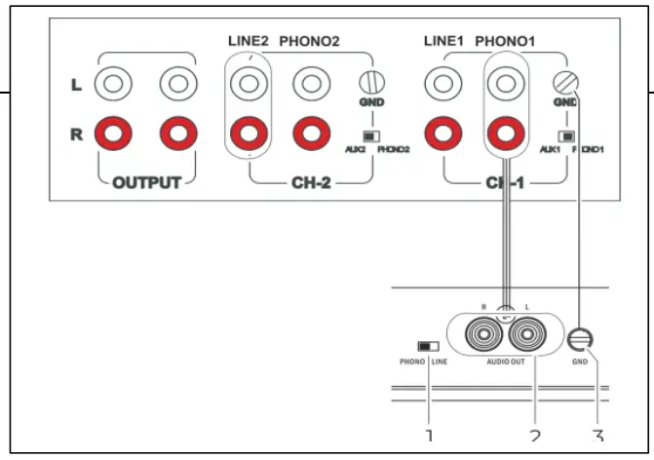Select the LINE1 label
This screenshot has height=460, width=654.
pos(444,42)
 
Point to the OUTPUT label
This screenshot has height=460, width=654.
pos(145,183)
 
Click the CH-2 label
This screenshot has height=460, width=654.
pos(310,183)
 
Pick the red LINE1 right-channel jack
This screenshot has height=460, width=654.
pos(443,130)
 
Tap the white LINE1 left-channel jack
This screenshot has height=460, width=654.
pos(443,84)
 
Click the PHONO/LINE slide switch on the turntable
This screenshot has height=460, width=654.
pos(427,345)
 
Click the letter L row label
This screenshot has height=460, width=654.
pos(76,85)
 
